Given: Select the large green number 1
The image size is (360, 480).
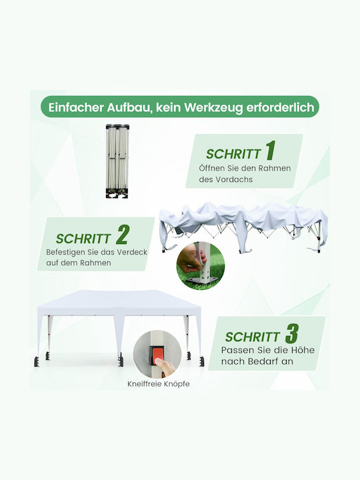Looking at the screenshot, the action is (271, 150).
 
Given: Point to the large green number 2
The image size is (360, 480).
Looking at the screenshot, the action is (123, 234).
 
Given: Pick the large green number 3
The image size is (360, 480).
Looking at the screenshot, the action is (292, 333).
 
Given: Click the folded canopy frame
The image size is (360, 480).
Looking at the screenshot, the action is (117, 161).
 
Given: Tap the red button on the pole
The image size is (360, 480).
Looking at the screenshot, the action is (157, 355).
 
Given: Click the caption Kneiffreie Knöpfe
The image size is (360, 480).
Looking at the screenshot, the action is (159, 384).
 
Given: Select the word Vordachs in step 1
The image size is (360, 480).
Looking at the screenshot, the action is (234, 179).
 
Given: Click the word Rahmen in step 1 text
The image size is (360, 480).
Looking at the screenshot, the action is (274, 168).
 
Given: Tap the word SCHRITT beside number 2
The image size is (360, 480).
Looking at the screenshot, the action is (83, 239).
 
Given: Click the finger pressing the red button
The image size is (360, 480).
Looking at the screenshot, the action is (165, 367).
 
